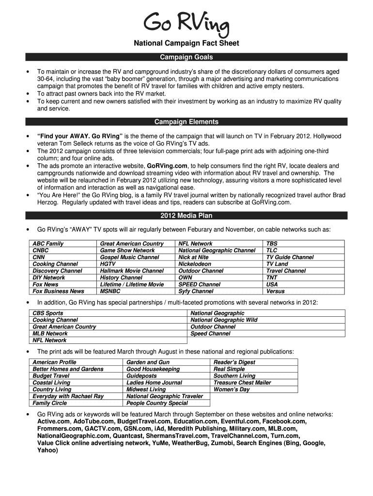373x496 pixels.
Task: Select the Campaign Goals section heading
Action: tap(186, 57)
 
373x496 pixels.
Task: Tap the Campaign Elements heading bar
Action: tap(186, 122)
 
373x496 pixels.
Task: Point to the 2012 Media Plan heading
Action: tap(186, 216)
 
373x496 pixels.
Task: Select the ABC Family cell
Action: tap(48, 244)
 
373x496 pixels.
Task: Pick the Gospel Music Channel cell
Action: tap(129, 257)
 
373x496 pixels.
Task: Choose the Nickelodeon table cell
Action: tap(195, 264)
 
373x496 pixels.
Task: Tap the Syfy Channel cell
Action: tap(196, 291)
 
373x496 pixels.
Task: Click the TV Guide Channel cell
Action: tap(290, 257)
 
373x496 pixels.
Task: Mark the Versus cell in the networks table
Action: tap(275, 291)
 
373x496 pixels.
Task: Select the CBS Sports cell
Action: tap(47, 313)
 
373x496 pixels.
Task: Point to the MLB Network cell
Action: tap(50, 334)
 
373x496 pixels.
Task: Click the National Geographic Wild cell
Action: tap(224, 320)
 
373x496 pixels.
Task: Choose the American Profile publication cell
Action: tap(54, 362)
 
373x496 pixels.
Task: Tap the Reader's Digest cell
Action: tap(234, 362)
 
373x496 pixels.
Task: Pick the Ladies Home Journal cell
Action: tap(154, 383)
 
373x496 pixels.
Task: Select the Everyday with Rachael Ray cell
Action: tap(68, 396)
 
